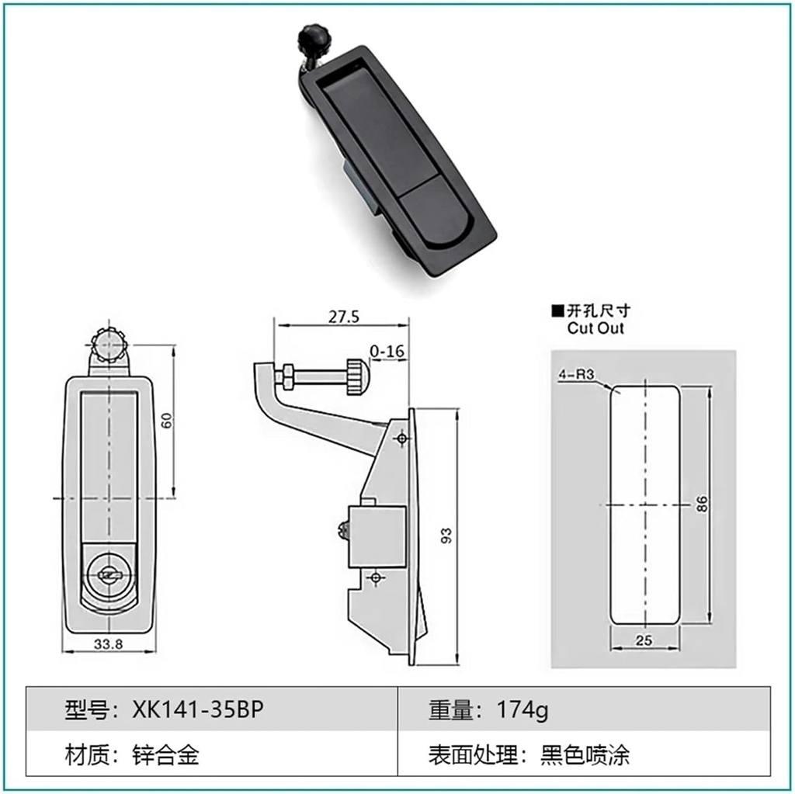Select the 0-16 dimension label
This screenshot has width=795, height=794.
tap(387, 352)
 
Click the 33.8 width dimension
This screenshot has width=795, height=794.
tap(108, 643)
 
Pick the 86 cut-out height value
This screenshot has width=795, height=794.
tap(702, 504)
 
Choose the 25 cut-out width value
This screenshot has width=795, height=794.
tap(644, 640)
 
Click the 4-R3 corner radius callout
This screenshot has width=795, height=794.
tap(575, 374)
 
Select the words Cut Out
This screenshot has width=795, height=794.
tap(595, 328)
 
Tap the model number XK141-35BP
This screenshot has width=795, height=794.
tap(193, 709)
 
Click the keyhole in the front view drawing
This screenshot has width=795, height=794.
tap(109, 574)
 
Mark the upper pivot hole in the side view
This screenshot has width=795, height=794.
tap(401, 439)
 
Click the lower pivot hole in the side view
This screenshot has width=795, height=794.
tap(376, 578)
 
